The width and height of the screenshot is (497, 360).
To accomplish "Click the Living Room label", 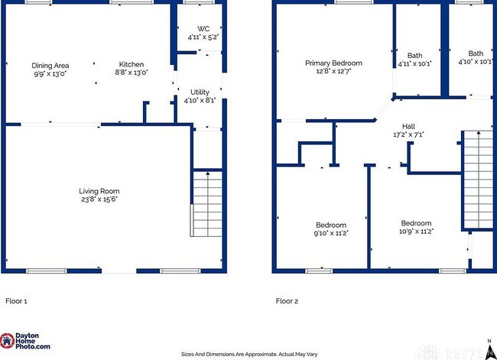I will tap(99, 191).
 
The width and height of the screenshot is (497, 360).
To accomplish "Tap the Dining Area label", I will tap(50, 65).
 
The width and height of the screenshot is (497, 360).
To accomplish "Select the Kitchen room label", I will tap(131, 64).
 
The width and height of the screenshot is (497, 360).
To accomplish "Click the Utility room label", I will tap(200, 92).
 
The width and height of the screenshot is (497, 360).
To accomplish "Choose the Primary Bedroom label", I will tap(333, 63).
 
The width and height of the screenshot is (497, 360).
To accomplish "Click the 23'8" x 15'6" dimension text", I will tap(99, 199).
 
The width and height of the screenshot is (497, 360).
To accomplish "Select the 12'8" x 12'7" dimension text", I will tap(333, 71).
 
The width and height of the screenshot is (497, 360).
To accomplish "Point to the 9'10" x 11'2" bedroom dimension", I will tap(331, 233).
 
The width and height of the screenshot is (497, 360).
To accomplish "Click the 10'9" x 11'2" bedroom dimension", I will tap(417, 231).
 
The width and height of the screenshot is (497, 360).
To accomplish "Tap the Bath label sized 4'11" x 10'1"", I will tap(414, 55).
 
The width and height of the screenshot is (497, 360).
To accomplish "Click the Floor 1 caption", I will tap(16, 301).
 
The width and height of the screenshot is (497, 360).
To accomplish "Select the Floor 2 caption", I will tap(287, 301).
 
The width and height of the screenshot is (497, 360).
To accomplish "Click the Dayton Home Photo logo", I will tap(26, 342).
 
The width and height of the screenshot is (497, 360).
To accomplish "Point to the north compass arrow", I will tap(489, 349).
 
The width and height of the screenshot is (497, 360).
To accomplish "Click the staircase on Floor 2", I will tap(478, 180).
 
